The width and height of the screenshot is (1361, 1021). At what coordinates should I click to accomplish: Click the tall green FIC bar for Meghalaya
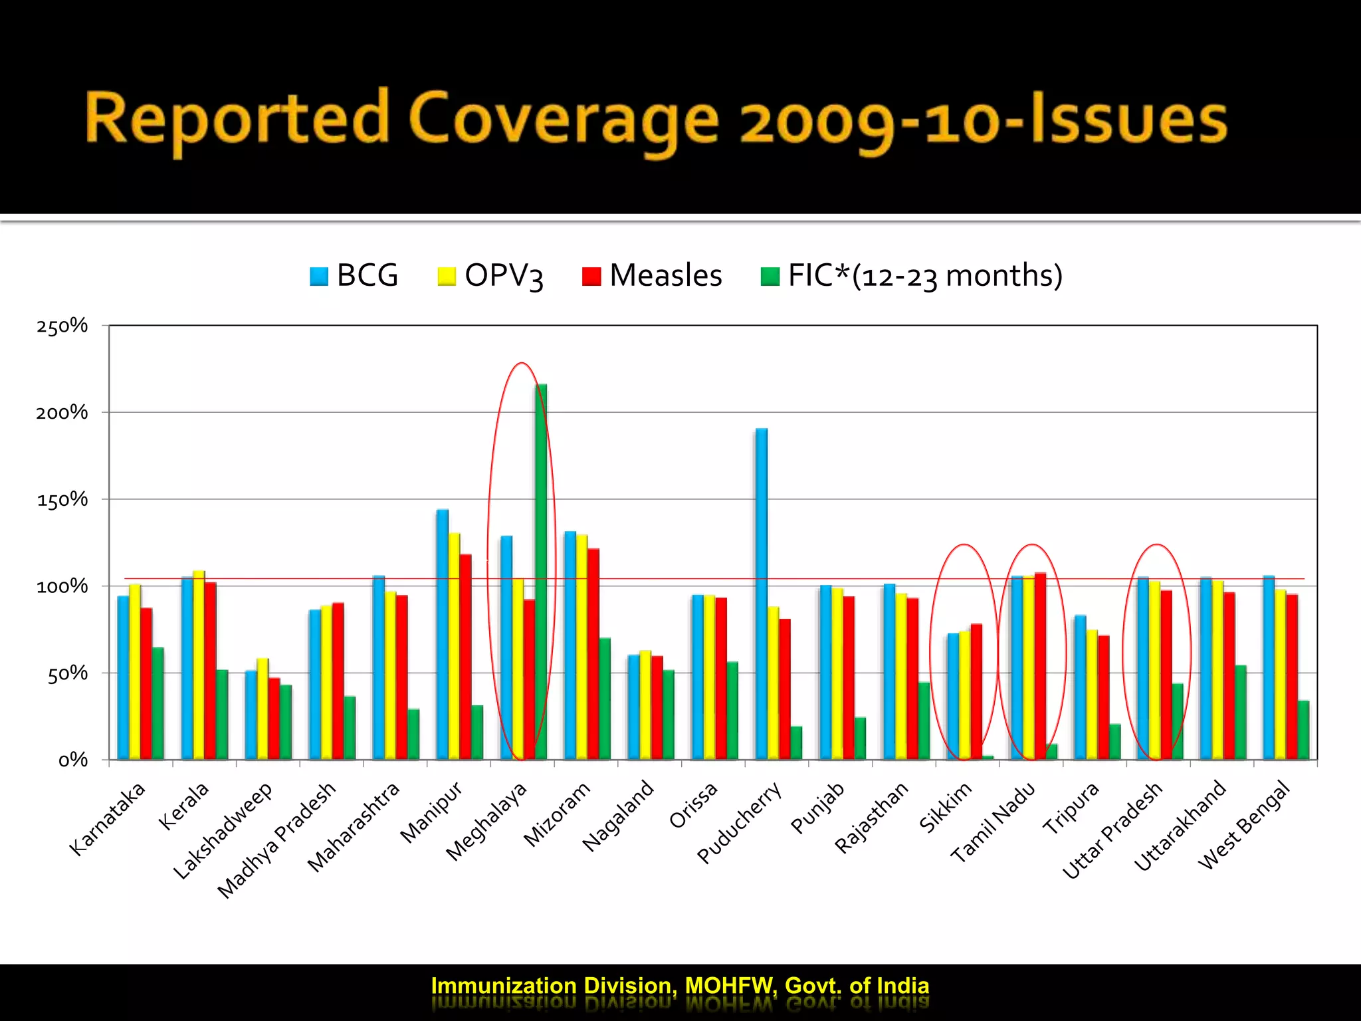pos(542,572)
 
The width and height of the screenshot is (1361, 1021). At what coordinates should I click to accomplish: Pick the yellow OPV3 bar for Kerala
pos(199,665)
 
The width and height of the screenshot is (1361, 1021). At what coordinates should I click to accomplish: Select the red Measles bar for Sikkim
pos(976,691)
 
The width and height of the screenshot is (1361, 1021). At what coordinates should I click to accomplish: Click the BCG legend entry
pos(354,275)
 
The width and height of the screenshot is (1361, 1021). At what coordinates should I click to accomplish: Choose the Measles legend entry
pos(652,275)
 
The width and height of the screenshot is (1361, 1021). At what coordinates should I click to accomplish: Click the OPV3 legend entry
pos(490,275)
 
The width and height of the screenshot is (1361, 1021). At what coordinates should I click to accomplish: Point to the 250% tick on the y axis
pos(62,326)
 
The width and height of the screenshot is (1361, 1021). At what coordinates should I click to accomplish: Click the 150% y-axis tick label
pos(62,500)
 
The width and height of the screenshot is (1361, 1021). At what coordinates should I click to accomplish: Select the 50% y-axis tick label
pos(67,674)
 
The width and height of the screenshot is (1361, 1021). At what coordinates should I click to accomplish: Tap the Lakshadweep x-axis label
pos(223,830)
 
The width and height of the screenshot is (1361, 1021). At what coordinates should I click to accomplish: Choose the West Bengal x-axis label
pos(1244,825)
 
